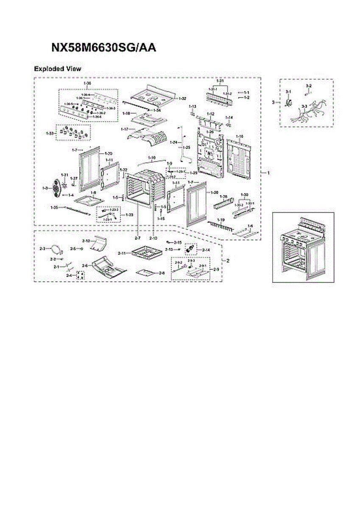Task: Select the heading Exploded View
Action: [57, 69]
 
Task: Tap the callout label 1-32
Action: [182, 98]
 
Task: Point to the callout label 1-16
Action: [240, 137]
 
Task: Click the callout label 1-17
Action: [124, 129]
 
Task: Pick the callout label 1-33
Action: [50, 133]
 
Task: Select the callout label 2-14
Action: [206, 250]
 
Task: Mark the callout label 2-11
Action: [122, 253]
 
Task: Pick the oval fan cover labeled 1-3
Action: [56, 187]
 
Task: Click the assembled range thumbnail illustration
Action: [303, 247]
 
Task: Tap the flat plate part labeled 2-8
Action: [146, 272]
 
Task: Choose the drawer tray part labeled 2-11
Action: [147, 253]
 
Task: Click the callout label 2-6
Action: [85, 266]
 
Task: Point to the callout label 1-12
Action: [210, 114]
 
